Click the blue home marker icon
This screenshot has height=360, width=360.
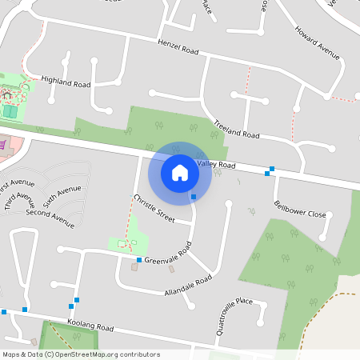180,172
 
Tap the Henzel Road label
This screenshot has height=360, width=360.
177,47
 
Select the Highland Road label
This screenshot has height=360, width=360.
66,82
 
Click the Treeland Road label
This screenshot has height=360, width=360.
237,130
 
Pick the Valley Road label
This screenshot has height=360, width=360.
217,165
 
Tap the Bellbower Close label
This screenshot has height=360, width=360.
300,214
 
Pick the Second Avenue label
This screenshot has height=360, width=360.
50,214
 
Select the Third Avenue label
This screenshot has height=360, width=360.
19,201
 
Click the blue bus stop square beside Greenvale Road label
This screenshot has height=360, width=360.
139,260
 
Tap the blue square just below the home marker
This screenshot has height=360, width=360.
193,197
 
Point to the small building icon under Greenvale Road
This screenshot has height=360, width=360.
134,268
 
